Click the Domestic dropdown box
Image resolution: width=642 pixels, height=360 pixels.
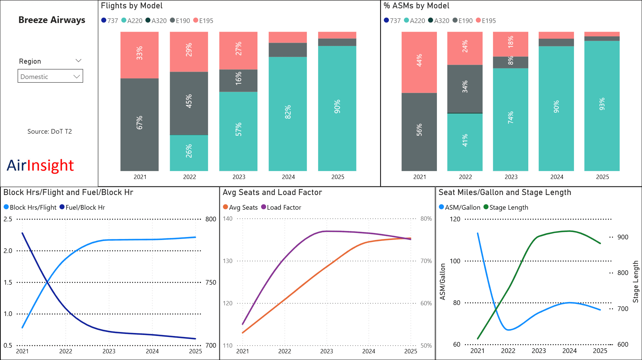[50, 76]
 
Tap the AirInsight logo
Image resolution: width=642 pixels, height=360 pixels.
[40, 165]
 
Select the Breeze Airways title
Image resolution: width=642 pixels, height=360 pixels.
[52, 20]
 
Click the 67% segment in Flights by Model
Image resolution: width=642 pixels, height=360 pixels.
[139, 123]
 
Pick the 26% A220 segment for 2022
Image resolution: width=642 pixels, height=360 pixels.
[189, 152]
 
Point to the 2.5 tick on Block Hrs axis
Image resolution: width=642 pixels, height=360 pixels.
[8, 219]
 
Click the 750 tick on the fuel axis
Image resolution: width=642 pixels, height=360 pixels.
[211, 282]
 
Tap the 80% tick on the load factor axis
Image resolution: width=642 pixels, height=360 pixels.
[426, 219]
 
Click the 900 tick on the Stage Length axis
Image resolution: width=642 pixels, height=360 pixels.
[623, 237]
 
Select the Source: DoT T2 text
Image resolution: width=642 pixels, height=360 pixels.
[50, 131]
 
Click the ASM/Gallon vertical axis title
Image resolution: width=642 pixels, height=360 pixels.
[443, 282]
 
